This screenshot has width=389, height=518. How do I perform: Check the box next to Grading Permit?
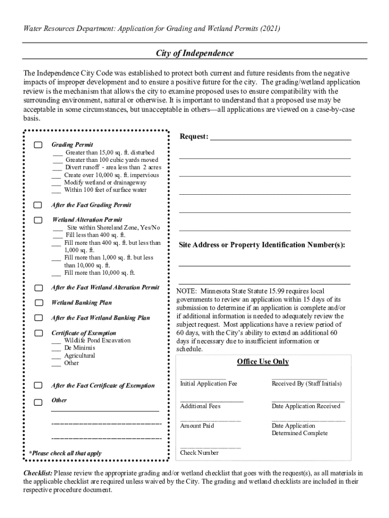pos(38,145)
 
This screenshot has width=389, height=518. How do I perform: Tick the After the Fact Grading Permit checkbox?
pos(38,205)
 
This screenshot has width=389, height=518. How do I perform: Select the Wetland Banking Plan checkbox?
pos(38,303)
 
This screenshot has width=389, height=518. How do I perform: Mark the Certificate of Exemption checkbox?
pos(38,333)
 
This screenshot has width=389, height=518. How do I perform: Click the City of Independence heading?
pos(194,53)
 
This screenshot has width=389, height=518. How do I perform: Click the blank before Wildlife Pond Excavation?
pos(57,341)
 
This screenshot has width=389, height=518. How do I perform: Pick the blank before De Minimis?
pos(57,349)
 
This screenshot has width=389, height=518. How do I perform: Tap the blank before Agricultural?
pos(57,356)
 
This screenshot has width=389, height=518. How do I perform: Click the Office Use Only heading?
pos(263,362)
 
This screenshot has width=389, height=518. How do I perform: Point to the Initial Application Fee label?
pos(208,384)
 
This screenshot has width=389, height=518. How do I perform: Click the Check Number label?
pos(199,453)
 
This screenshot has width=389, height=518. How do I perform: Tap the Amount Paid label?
pos(197,426)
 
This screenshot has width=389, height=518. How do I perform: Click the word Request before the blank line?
pos(193,137)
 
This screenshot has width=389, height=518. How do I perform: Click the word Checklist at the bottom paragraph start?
pos(37,473)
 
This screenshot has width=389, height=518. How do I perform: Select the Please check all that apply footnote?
pos(65,454)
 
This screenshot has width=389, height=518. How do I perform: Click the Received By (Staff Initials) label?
pos(306,384)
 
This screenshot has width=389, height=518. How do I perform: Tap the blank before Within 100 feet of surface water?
pos(57,191)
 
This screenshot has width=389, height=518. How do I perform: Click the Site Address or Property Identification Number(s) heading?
pos(262,245)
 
